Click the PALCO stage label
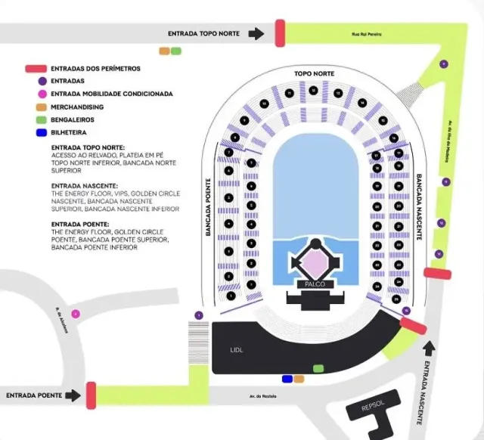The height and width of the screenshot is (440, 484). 314,284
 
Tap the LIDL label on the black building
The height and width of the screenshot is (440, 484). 237,350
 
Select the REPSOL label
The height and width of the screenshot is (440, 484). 373,406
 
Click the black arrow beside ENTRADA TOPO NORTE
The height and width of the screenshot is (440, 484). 257,33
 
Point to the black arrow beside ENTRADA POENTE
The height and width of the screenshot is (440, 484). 73,395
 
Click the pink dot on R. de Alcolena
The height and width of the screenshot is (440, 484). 75,314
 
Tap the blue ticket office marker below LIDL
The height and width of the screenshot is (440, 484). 287,378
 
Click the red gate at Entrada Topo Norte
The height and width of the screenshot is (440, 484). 279,33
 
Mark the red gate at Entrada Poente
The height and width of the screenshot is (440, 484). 91,394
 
